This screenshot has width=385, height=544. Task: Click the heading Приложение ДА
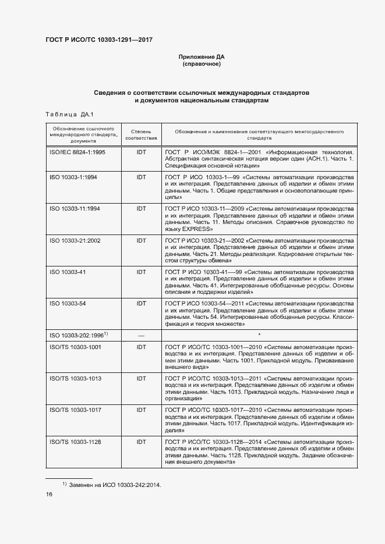point(201,56)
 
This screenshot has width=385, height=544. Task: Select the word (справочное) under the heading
point(201,64)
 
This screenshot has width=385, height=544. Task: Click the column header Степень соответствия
point(141,135)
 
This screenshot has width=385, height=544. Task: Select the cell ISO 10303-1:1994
point(73,176)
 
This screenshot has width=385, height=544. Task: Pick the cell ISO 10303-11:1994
point(75,208)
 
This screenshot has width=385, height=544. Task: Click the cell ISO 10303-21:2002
point(75,240)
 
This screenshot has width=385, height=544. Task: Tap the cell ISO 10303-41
point(68,272)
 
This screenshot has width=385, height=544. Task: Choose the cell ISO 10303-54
point(68,304)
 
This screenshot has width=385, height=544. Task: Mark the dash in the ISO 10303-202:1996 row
point(141,336)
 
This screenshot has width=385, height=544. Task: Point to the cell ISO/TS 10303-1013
point(75,378)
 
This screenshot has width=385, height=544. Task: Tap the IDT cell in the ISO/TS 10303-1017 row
point(141,410)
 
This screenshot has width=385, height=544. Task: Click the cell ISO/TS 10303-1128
point(75,442)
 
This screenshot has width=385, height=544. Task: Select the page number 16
point(49,495)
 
